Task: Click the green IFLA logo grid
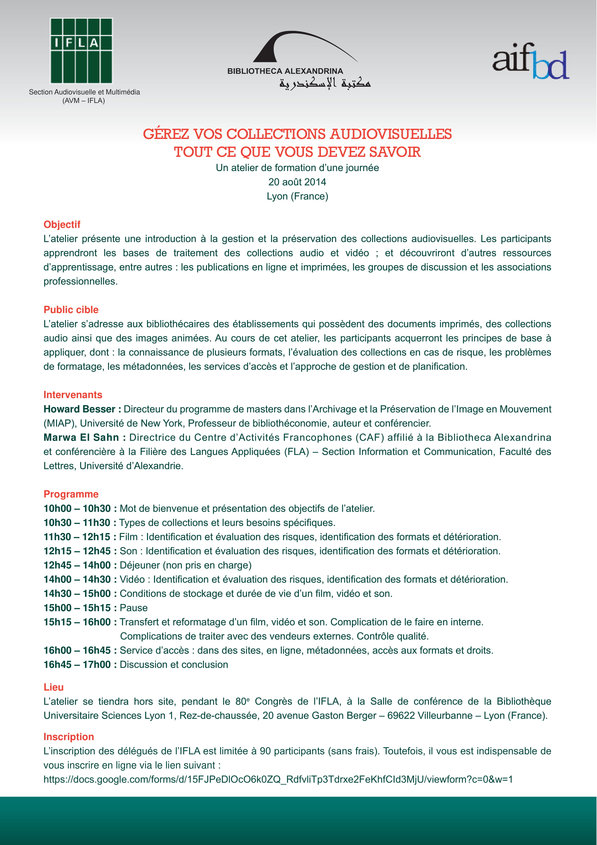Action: pyautogui.click(x=81, y=51)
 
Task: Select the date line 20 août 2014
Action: pyautogui.click(x=297, y=182)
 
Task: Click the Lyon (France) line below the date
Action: pyautogui.click(x=297, y=196)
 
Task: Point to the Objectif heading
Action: pyautogui.click(x=62, y=225)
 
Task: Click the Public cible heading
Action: pyautogui.click(x=71, y=310)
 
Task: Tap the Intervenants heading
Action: pyautogui.click(x=73, y=395)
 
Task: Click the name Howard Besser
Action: pyautogui.click(x=79, y=409)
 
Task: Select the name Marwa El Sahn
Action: pyautogui.click(x=81, y=437)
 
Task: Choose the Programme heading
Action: pyautogui.click(x=71, y=494)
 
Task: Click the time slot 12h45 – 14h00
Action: pyautogui.click(x=77, y=565)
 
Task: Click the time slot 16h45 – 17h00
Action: pyautogui.click(x=77, y=664)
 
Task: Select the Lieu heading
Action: pyautogui.click(x=53, y=687)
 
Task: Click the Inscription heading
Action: pyautogui.click(x=69, y=736)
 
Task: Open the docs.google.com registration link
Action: pyautogui.click(x=278, y=779)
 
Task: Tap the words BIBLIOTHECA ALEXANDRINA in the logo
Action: pyautogui.click(x=285, y=71)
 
